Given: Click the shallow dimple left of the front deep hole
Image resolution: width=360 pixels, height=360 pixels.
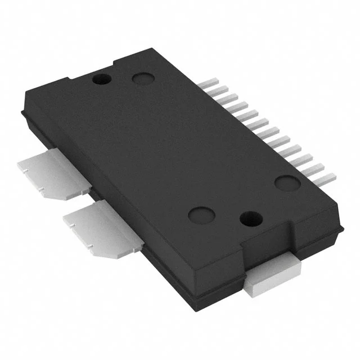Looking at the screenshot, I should pos(200,214).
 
